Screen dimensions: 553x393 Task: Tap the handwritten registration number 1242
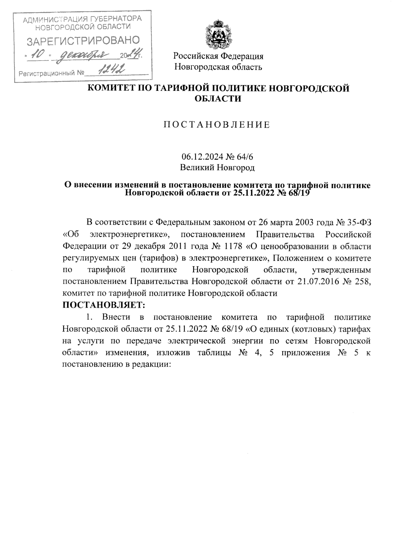tap(112, 69)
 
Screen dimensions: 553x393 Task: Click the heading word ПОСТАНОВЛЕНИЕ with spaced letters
tap(217, 125)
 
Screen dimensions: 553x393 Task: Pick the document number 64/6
tap(245, 157)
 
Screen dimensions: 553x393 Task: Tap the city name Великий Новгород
tap(217, 168)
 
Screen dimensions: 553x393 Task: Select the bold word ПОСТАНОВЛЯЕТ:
tap(103, 305)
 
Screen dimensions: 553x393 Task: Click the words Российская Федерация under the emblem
tap(218, 56)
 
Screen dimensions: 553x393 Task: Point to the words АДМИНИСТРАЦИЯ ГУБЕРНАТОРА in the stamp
tap(83, 19)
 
